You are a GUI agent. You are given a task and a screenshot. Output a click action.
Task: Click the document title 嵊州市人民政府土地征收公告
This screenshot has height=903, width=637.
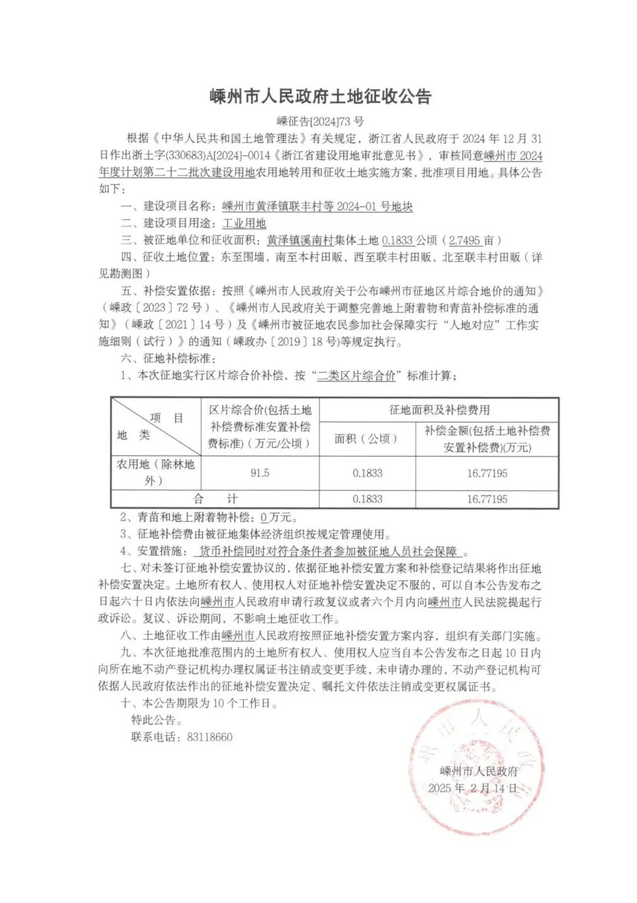[320, 96]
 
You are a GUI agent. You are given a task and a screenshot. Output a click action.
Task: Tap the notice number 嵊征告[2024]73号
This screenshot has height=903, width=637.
[320, 122]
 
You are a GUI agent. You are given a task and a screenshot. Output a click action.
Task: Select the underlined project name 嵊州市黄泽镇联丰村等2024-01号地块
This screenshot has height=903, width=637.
[317, 207]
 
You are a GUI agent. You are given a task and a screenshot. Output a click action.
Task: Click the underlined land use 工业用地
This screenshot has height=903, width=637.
[244, 223]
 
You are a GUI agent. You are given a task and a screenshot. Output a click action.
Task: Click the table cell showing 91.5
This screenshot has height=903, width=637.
[260, 473]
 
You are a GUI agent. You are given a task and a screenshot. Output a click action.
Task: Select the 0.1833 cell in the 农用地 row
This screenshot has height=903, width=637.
[367, 473]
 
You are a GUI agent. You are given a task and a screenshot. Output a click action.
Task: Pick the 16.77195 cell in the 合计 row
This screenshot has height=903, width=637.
[487, 499]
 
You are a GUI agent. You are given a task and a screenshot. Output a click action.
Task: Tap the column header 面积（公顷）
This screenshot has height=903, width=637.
[366, 439]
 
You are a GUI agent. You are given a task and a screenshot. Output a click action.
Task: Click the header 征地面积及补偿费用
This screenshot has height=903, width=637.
[439, 410]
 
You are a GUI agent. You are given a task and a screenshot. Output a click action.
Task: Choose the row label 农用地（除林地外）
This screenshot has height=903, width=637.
[155, 472]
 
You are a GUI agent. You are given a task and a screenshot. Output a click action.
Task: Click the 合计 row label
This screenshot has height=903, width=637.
[215, 499]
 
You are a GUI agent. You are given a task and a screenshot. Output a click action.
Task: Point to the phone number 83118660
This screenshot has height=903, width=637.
[210, 737]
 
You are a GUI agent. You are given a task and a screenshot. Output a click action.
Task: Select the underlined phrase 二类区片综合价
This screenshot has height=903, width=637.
[356, 376]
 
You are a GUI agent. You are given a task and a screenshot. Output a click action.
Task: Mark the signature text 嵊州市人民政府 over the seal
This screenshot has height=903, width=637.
[479, 771]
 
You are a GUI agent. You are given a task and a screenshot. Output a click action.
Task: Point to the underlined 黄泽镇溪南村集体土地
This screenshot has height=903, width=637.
[323, 240]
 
